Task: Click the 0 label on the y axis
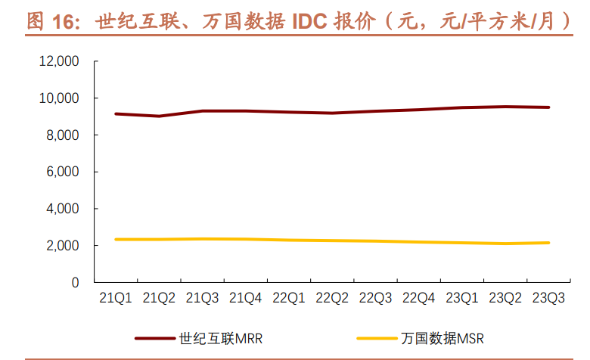point(76,282)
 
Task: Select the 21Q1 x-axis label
point(116,299)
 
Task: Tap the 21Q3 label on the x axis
point(203,299)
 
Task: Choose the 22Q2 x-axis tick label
point(333,299)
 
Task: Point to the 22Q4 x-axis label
point(419,299)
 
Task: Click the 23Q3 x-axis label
point(549,299)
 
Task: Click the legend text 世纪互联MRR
point(222,338)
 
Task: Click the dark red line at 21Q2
point(159,116)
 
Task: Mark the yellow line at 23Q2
point(505,244)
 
